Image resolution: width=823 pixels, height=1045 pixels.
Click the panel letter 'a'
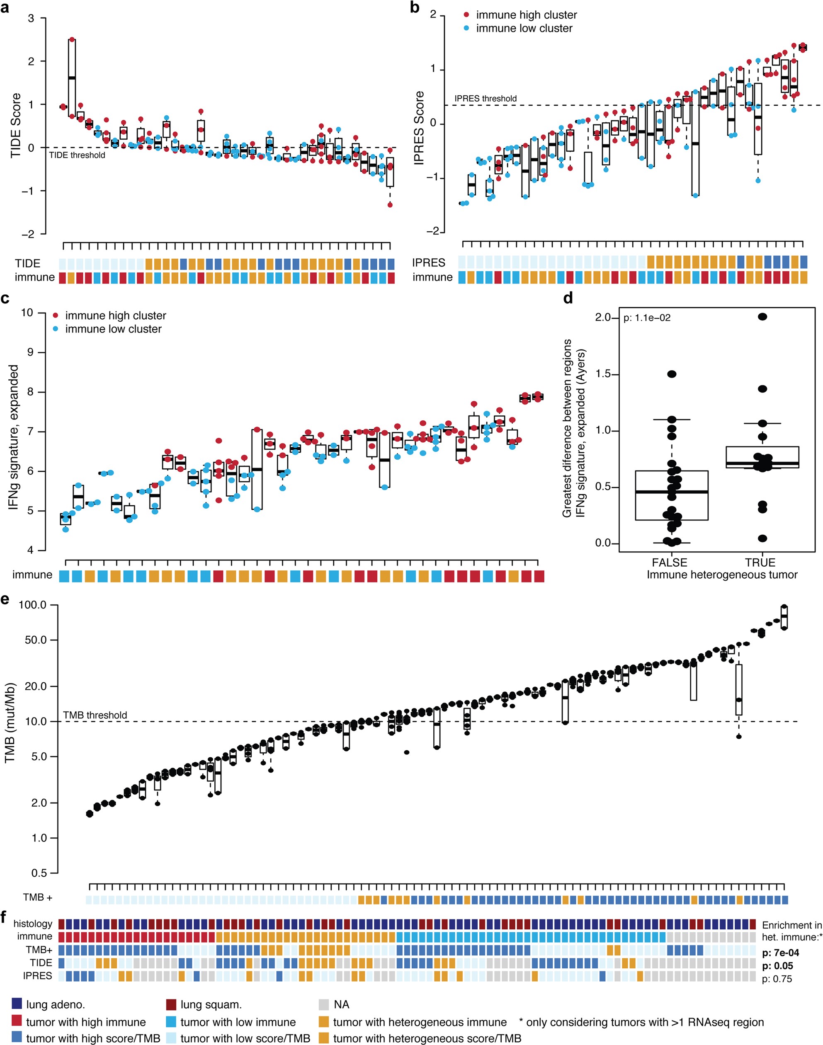pos(5,8)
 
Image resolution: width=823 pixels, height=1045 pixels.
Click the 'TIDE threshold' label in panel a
pos(77,155)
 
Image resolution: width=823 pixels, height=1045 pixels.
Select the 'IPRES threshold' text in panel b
pos(485,99)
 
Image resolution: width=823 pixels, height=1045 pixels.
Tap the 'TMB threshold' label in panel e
pos(95,715)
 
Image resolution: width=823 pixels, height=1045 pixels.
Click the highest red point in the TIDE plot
pos(72,39)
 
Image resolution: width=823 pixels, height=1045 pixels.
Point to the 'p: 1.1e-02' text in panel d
pos(647,318)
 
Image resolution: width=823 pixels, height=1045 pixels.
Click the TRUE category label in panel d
pos(760,562)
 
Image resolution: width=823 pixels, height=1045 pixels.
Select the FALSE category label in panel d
pos(669,562)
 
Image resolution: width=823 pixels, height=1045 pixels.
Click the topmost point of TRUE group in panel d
pos(762,317)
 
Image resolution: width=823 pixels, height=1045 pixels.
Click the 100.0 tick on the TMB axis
pos(32,605)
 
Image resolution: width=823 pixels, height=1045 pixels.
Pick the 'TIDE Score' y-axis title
pos(16,125)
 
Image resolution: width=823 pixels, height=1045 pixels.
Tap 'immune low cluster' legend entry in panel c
pos(113,329)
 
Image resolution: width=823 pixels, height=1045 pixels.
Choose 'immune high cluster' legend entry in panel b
pos(526,15)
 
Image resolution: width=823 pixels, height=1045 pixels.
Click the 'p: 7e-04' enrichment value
pos(780,953)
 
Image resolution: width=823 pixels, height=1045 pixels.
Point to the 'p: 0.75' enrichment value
pos(777,979)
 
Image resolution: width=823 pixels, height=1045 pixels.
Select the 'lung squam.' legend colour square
pos(171,1004)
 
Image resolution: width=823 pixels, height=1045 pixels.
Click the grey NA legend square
pos(324,1004)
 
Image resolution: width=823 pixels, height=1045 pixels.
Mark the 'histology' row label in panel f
pos(33,924)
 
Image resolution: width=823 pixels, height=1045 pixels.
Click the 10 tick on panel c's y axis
pos(27,313)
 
